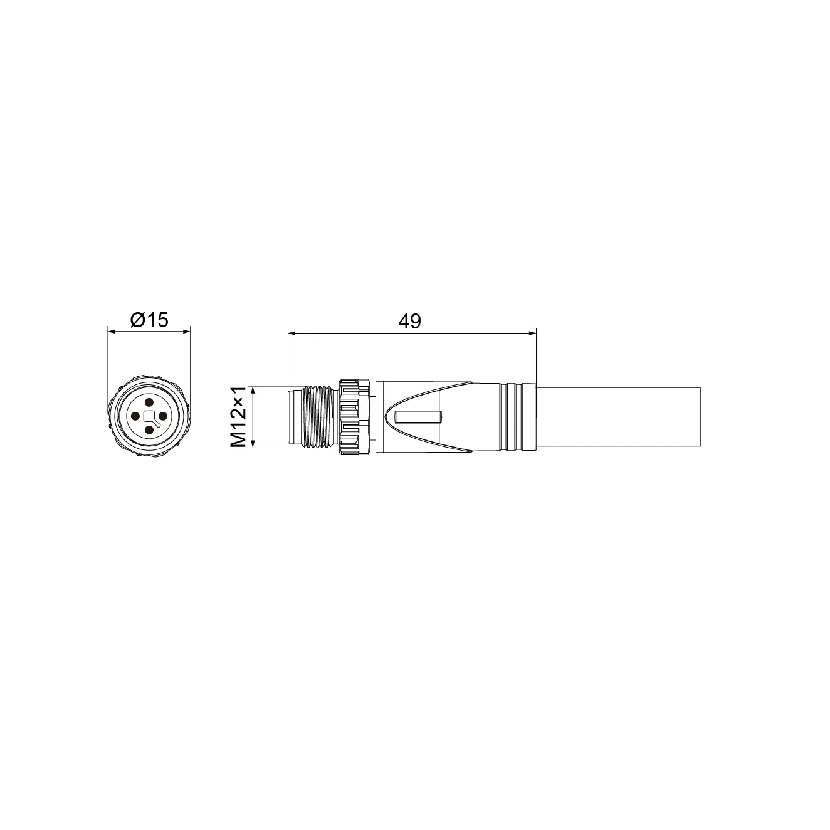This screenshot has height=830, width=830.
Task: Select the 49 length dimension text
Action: coord(410,321)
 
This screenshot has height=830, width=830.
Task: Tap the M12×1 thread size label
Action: coord(238,417)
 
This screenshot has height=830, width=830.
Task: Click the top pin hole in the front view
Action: coord(149,402)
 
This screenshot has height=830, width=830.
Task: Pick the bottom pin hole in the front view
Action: coord(149,430)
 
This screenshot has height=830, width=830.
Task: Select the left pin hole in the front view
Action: coord(135,416)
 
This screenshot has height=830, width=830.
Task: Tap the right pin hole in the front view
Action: coord(164,416)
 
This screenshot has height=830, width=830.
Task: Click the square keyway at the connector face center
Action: coord(149,416)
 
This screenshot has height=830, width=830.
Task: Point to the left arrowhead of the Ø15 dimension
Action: coord(112,332)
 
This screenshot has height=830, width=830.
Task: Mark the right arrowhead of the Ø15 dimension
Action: coord(186,332)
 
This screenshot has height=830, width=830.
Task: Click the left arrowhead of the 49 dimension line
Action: coord(291,332)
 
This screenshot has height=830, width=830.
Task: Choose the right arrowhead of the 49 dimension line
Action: coord(533,332)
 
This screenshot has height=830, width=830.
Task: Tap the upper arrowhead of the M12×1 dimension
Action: coord(253,390)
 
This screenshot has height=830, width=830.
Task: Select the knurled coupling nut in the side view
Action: coord(354,417)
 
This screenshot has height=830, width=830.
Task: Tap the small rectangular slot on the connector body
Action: coord(419,417)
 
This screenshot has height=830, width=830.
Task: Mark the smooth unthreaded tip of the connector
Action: coord(293,417)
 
